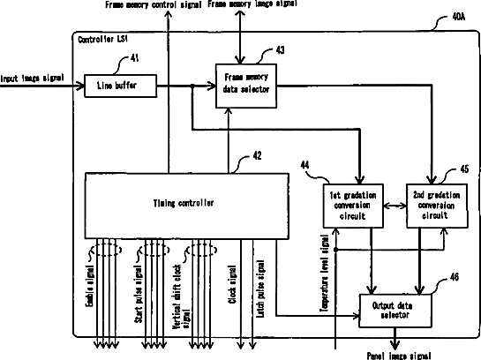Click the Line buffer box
[x=121, y=86]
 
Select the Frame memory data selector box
[x=246, y=86]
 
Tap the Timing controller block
[x=186, y=206]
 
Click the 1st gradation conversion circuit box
[x=353, y=206]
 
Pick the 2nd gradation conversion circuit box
[x=437, y=206]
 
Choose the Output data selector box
[x=395, y=311]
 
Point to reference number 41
[x=135, y=58]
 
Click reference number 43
[x=280, y=50]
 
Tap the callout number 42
[x=257, y=156]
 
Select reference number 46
[x=455, y=277]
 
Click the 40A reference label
[x=459, y=17]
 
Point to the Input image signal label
[x=32, y=79]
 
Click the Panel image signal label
[x=399, y=356]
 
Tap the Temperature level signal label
[x=325, y=274]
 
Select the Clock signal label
[x=232, y=284]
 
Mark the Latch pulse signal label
[x=260, y=289]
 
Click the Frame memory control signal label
[x=154, y=5]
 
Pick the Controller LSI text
[x=102, y=39]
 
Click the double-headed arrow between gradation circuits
[x=395, y=206]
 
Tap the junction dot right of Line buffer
[x=192, y=86]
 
